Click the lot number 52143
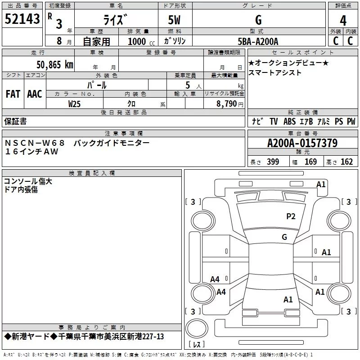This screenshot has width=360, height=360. click(22, 19)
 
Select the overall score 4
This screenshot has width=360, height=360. click(343, 20)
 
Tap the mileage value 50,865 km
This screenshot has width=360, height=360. click(55, 65)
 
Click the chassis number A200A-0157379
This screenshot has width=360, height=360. click(302, 143)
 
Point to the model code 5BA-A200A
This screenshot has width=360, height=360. click(258, 41)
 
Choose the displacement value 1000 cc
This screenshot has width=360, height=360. click(141, 41)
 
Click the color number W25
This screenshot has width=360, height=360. click(74, 104)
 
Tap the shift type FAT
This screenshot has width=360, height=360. click(13, 94)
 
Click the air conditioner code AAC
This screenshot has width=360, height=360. click(35, 94)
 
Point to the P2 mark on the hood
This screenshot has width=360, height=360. click(291, 216)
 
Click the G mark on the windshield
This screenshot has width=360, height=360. click(284, 237)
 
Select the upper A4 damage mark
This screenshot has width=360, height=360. click(215, 279)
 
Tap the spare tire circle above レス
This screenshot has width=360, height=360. click(197, 328)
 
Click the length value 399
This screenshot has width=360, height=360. click(273, 162)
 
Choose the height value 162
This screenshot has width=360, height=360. click(346, 162)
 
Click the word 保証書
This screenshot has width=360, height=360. click(15, 121)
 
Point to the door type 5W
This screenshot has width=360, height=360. click(174, 20)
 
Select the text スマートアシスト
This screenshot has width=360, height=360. click(275, 73)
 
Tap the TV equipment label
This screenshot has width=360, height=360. click(274, 121)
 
